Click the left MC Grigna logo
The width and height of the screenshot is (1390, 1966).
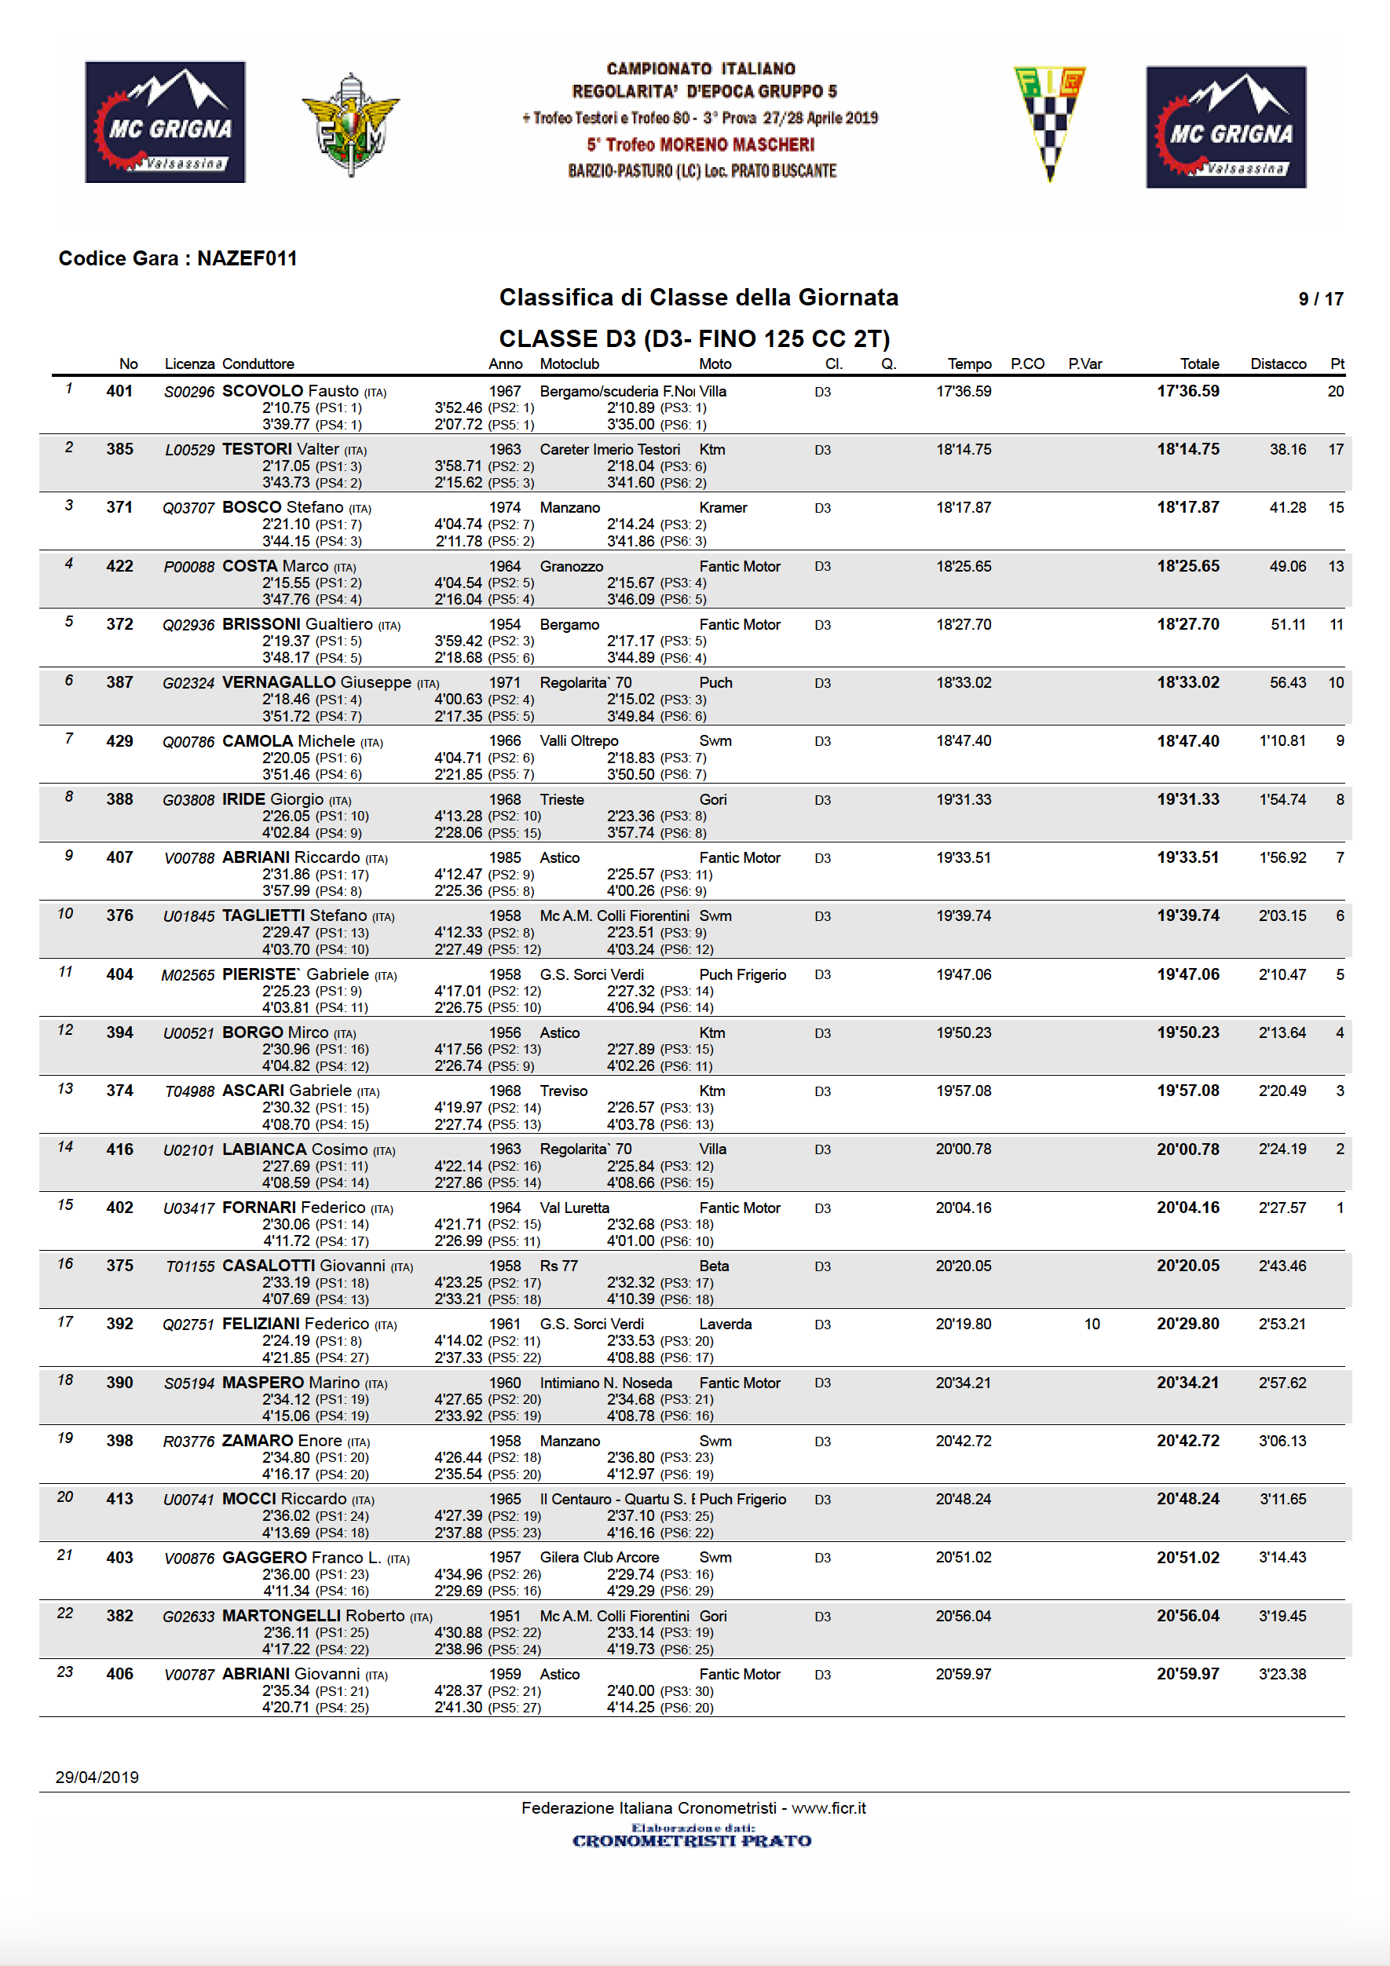(x=165, y=122)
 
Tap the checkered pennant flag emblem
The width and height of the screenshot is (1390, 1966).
(x=1049, y=122)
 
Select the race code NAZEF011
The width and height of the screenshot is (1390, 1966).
(x=247, y=258)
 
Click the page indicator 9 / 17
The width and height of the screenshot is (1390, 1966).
(x=1320, y=299)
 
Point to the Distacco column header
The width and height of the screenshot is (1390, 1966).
(x=1277, y=364)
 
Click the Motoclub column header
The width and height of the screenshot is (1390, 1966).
(x=569, y=364)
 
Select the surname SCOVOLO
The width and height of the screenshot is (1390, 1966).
(x=263, y=391)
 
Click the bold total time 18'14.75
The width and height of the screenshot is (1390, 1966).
(x=1187, y=450)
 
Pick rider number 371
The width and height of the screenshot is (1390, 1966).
(x=120, y=508)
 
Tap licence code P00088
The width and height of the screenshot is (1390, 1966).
(x=188, y=567)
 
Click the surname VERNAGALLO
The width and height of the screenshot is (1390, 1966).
(x=278, y=682)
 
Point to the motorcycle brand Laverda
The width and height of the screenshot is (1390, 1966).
(x=725, y=1324)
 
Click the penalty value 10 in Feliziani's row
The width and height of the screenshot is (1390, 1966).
(x=1091, y=1324)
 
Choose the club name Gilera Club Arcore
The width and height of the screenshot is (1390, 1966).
(x=598, y=1558)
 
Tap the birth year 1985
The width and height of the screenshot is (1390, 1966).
(x=504, y=858)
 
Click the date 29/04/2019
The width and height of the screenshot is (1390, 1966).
(x=97, y=1777)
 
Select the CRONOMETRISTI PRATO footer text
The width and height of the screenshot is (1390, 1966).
(x=691, y=1840)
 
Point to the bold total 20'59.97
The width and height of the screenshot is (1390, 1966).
(x=1187, y=1674)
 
